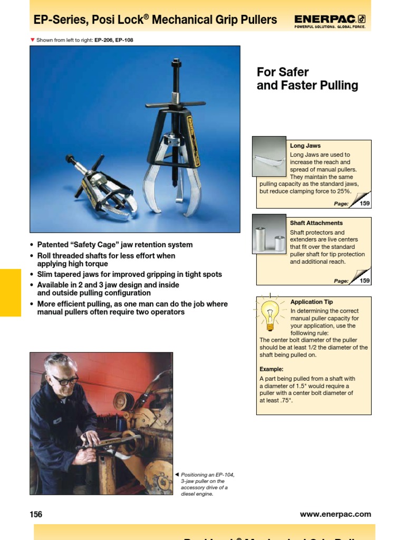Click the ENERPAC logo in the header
330,20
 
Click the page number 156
36,514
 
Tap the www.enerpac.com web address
335,514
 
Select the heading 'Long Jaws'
305,146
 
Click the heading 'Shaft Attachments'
316,223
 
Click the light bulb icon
271,313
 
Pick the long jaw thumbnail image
269,156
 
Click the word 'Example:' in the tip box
272,369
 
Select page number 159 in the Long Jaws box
365,203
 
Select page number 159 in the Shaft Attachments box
365,281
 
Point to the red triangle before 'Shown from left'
32,40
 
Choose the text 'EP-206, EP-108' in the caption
114,40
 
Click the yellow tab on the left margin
10,292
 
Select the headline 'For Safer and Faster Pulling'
307,79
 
